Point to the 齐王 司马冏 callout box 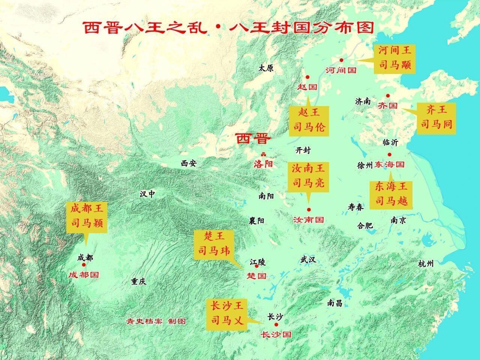coord(437,117)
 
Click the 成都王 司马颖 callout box coord(87,216)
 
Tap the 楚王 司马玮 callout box coord(214,244)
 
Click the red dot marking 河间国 coord(341,60)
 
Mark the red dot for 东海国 coord(390,154)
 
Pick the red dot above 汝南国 coord(309,210)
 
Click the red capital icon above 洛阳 coord(263,154)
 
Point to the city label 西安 coord(188,163)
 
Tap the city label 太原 coord(266,68)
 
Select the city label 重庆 coord(138,282)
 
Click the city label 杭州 coord(426,264)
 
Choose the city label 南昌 coord(334,303)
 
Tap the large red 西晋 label coord(253,139)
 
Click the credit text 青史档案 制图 coord(156,321)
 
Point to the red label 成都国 coord(84,275)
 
